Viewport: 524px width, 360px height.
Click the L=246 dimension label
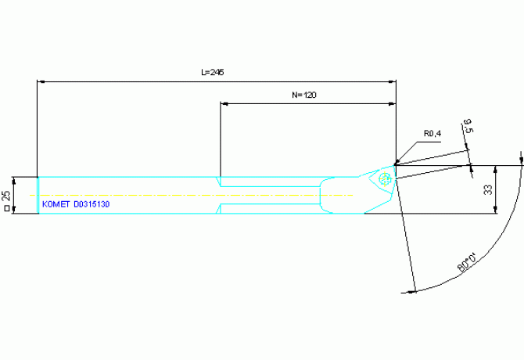(213, 72)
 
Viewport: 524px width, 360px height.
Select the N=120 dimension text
(304, 95)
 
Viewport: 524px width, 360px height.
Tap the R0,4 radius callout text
(432, 134)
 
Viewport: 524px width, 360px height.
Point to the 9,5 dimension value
(468, 126)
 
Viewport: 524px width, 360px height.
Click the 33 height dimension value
(488, 190)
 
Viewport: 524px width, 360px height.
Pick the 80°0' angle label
(467, 263)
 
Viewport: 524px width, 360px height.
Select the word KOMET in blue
(56, 204)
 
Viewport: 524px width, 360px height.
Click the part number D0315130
(92, 204)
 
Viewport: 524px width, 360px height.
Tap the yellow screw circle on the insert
(385, 178)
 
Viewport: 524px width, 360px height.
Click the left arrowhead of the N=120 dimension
(224, 104)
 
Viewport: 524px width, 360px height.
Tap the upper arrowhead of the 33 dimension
(495, 169)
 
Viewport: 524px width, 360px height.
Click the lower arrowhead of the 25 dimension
(14, 210)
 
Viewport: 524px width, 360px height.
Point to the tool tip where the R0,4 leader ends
(395, 165)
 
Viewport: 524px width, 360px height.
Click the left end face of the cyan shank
(38, 195)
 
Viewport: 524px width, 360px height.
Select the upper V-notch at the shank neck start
(218, 182)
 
